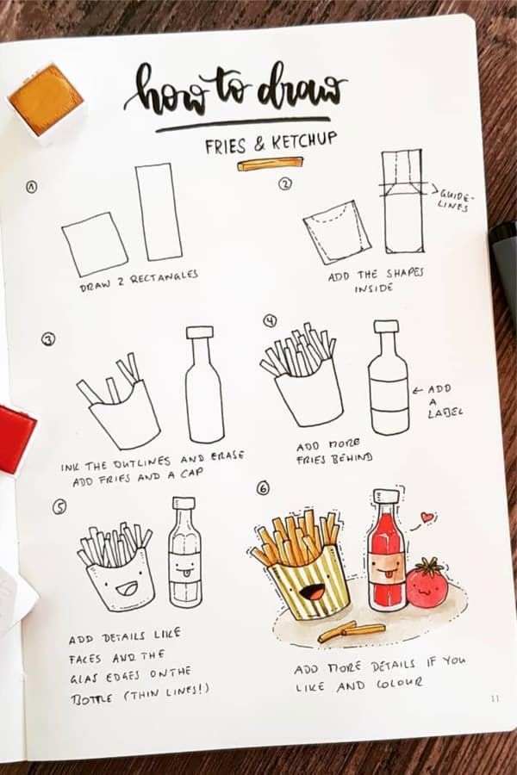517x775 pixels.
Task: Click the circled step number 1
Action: point(32,187)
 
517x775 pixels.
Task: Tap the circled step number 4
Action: point(270,321)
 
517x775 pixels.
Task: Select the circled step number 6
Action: point(264,488)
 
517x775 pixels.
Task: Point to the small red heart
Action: point(427,517)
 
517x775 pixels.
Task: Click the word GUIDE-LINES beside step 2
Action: point(455,199)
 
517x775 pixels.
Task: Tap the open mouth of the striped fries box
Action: point(311,590)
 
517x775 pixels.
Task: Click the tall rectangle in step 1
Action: point(159,212)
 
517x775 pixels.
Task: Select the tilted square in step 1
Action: point(95,244)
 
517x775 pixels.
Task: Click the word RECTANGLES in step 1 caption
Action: point(164,278)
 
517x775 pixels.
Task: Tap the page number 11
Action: point(495,698)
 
